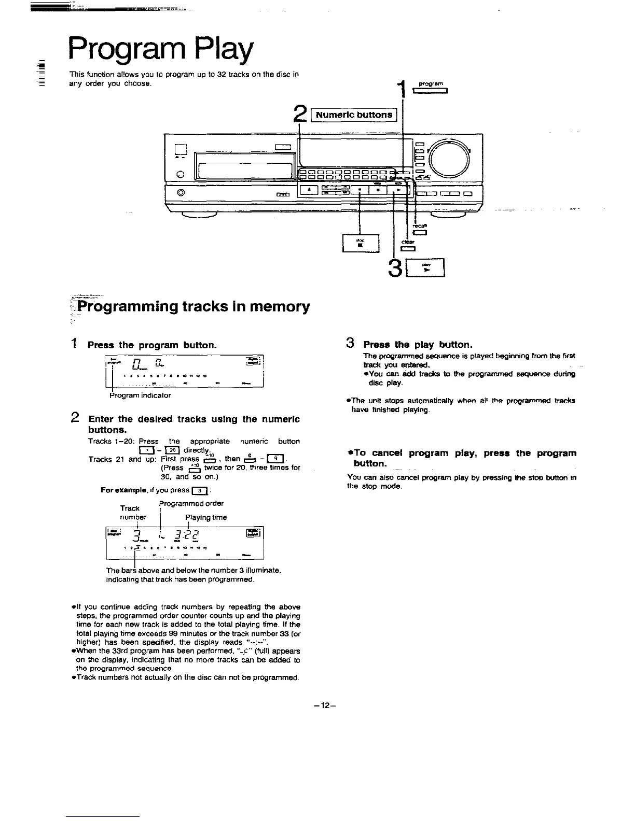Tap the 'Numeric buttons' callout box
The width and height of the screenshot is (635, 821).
click(x=354, y=115)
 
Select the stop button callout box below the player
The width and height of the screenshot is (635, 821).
click(x=361, y=243)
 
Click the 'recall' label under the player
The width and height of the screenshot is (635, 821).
click(x=419, y=227)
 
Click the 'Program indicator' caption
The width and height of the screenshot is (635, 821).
click(x=140, y=395)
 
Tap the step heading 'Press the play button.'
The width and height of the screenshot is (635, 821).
click(x=418, y=345)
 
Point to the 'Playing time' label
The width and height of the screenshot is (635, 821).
click(x=206, y=517)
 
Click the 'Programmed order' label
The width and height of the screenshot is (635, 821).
click(x=191, y=503)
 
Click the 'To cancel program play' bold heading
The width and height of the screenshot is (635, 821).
click(x=461, y=458)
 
